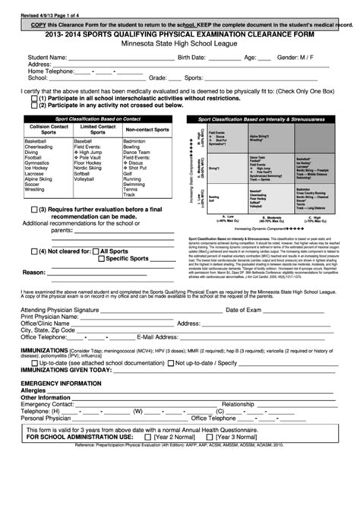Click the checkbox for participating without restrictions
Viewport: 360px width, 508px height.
click(34, 98)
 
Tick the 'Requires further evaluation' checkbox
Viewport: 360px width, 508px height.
click(34, 210)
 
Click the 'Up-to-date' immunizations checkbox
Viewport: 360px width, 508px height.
click(34, 386)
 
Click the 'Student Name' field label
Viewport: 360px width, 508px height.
click(46, 57)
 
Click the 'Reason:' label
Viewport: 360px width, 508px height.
click(35, 272)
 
